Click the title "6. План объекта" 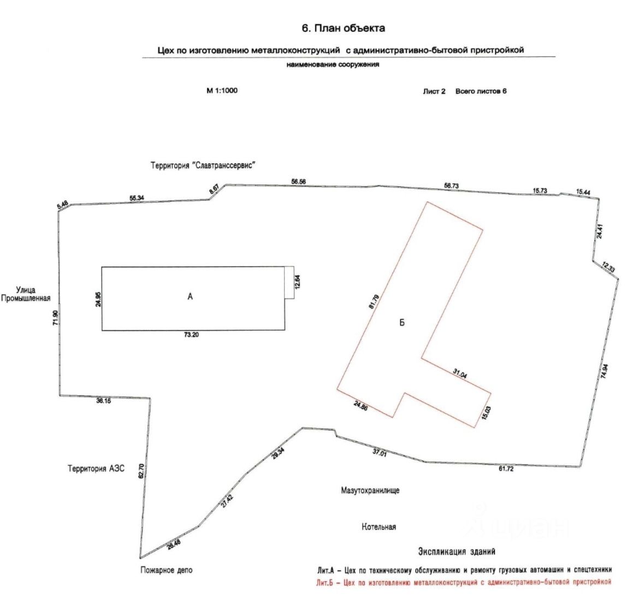coord(343,28)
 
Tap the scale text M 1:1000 coord(222,91)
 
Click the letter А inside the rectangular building coord(190,297)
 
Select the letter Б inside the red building coord(402,323)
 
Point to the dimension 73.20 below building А coord(192,335)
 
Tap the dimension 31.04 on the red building coord(460,374)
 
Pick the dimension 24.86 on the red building coord(361,406)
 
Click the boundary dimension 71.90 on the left coord(55,317)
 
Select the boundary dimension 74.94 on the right coord(604,371)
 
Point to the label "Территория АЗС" coord(96,469)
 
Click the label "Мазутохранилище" coord(370,490)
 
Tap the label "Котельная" coord(378,527)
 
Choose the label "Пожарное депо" coord(166,570)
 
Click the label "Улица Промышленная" coord(26,294)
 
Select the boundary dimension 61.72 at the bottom coord(506,469)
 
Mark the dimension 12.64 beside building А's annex coord(297,282)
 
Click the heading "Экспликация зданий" coord(457,552)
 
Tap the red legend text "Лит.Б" coord(325,582)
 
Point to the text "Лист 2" coord(434,91)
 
